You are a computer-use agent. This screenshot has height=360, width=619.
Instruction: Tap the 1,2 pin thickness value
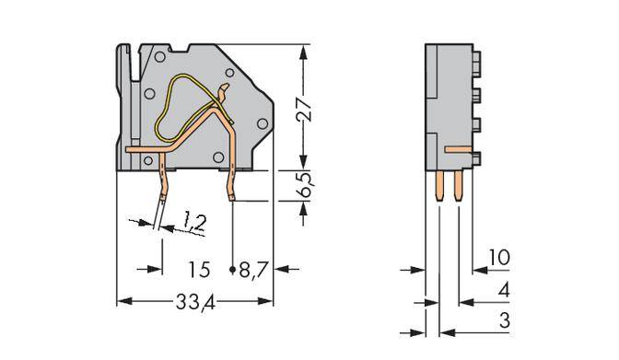[x=193, y=221]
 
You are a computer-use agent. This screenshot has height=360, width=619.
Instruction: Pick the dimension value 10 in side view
[x=498, y=258]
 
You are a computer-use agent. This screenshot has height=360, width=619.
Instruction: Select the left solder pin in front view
[x=163, y=184]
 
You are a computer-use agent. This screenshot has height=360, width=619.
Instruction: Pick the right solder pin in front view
[x=230, y=184]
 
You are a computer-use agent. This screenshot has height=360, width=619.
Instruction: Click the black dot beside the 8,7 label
[x=231, y=270]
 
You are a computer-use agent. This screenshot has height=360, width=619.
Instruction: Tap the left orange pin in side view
[x=438, y=189]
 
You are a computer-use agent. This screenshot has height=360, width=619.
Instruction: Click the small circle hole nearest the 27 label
[x=263, y=122]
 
